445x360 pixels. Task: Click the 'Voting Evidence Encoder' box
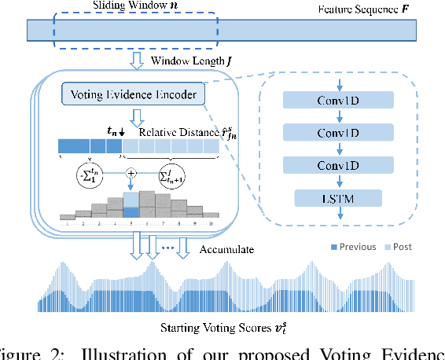tap(132, 95)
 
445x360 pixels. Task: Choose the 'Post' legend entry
tap(401, 247)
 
